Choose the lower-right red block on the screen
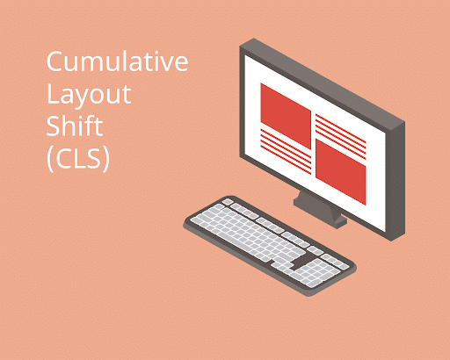click(x=339, y=171)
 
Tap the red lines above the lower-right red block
click(x=339, y=129)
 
